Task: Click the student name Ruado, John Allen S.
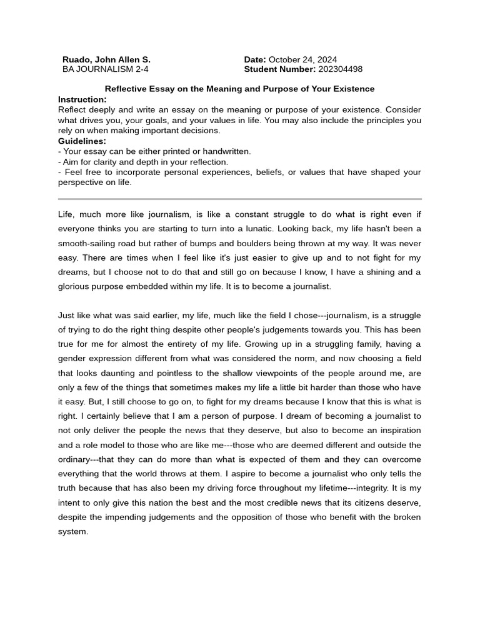click(106, 59)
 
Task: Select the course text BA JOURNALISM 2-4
click(105, 69)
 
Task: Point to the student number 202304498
click(340, 69)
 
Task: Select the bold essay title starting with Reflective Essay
click(239, 89)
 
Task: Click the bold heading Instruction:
click(82, 99)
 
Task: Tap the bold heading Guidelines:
click(82, 141)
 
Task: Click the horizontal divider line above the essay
click(239, 199)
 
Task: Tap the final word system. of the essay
click(73, 531)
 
